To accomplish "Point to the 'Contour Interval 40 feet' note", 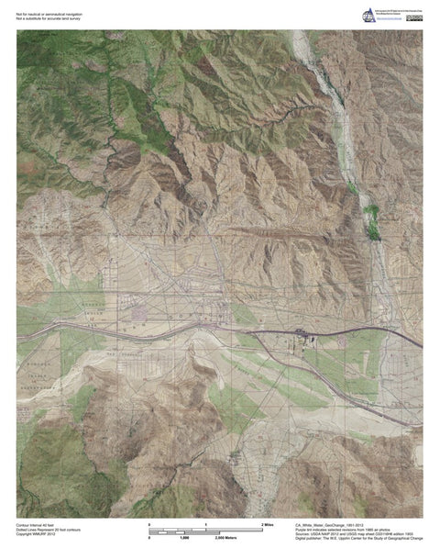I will pyautogui.click(x=38, y=520).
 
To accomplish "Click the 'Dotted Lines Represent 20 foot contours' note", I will pyautogui.click(x=49, y=526).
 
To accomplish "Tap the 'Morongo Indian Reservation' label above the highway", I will pyautogui.click(x=92, y=310).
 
